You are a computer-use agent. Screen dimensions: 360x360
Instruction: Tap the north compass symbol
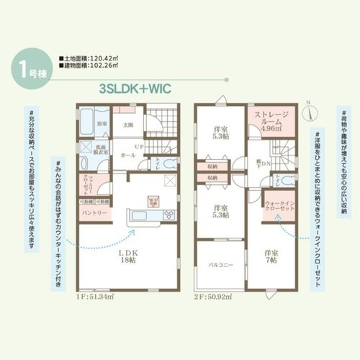click(307, 112)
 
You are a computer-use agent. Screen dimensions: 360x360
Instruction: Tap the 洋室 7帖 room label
click(271, 256)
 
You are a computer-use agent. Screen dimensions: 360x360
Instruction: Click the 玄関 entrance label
click(128, 125)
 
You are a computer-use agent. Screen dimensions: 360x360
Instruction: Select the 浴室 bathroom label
click(102, 125)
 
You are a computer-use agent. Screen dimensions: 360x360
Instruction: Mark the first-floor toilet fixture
click(170, 163)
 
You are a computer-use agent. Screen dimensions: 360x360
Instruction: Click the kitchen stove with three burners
click(167, 215)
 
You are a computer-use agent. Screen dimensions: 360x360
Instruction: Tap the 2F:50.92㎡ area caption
click(210, 296)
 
